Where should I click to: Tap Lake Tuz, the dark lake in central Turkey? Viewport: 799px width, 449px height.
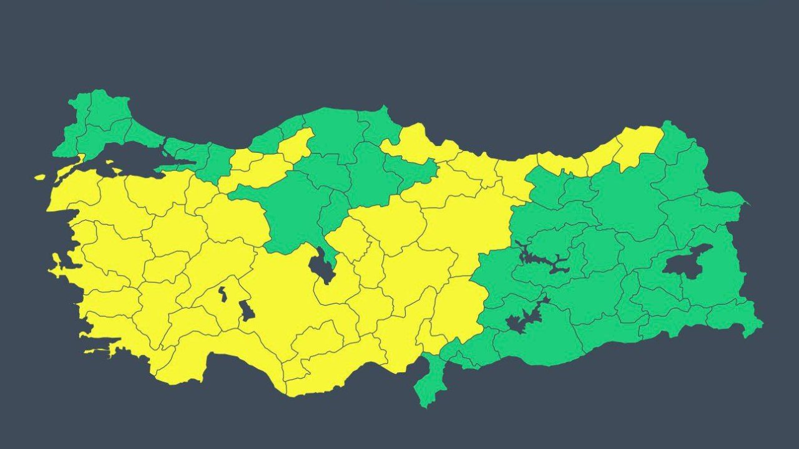[321, 265]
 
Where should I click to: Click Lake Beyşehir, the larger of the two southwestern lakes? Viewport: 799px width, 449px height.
[247, 310]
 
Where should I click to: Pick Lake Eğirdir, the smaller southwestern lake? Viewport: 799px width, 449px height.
[222, 293]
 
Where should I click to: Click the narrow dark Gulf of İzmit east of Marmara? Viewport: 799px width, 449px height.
[178, 163]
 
